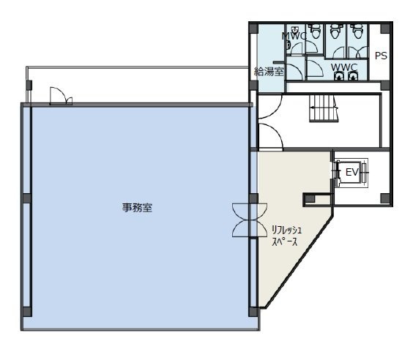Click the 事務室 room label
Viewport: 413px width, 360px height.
pyautogui.click(x=137, y=207)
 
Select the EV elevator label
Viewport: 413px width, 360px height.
pyautogui.click(x=351, y=172)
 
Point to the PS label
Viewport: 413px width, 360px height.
pyautogui.click(x=381, y=56)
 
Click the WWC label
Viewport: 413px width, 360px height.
pyautogui.click(x=343, y=67)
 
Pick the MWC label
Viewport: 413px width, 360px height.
pyautogui.click(x=294, y=35)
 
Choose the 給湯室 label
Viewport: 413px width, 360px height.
pyautogui.click(x=269, y=71)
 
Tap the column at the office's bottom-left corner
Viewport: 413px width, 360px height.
pyautogui.click(x=26, y=309)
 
